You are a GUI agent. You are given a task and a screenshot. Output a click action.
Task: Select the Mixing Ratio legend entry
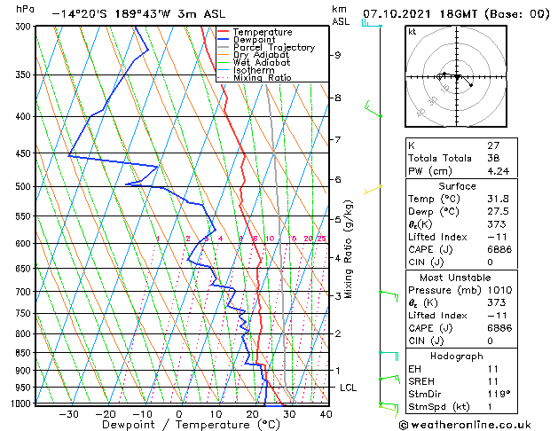pos(263,78)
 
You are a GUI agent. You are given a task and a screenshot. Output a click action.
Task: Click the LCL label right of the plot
pos(349,388)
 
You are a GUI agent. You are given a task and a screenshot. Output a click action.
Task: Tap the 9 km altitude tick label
pos(337,55)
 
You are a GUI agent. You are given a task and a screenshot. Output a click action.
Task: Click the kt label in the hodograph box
pos(412,32)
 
